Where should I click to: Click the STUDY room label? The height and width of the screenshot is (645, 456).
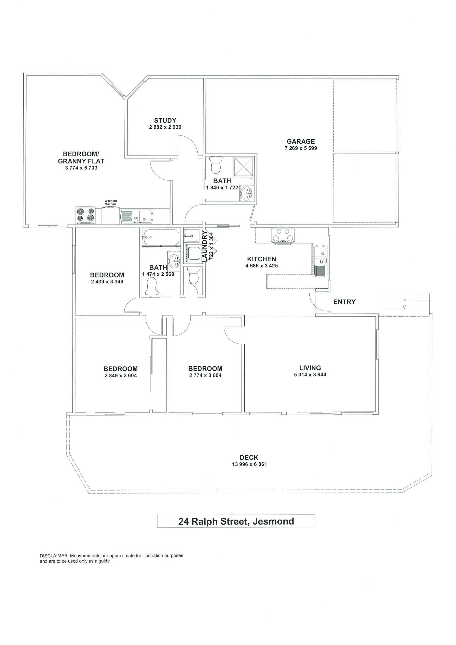pyautogui.click(x=165, y=120)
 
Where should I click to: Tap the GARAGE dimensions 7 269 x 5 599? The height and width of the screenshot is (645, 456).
pyautogui.click(x=301, y=148)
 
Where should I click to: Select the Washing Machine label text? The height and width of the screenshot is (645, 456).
pyautogui.click(x=111, y=202)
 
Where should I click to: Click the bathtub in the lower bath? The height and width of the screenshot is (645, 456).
pyautogui.click(x=161, y=237)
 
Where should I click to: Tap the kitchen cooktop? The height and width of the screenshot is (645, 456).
pyautogui.click(x=283, y=235)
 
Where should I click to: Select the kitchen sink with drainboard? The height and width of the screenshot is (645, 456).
pyautogui.click(x=320, y=260)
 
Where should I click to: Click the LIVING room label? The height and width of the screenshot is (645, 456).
pyautogui.click(x=310, y=368)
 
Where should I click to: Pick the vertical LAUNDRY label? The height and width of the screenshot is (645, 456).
pyautogui.click(x=205, y=246)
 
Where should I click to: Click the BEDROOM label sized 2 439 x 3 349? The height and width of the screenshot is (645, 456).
pyautogui.click(x=107, y=275)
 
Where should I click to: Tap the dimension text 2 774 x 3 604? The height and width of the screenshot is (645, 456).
pyautogui.click(x=205, y=375)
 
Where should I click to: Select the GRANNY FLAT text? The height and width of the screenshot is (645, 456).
pyautogui.click(x=81, y=161)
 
